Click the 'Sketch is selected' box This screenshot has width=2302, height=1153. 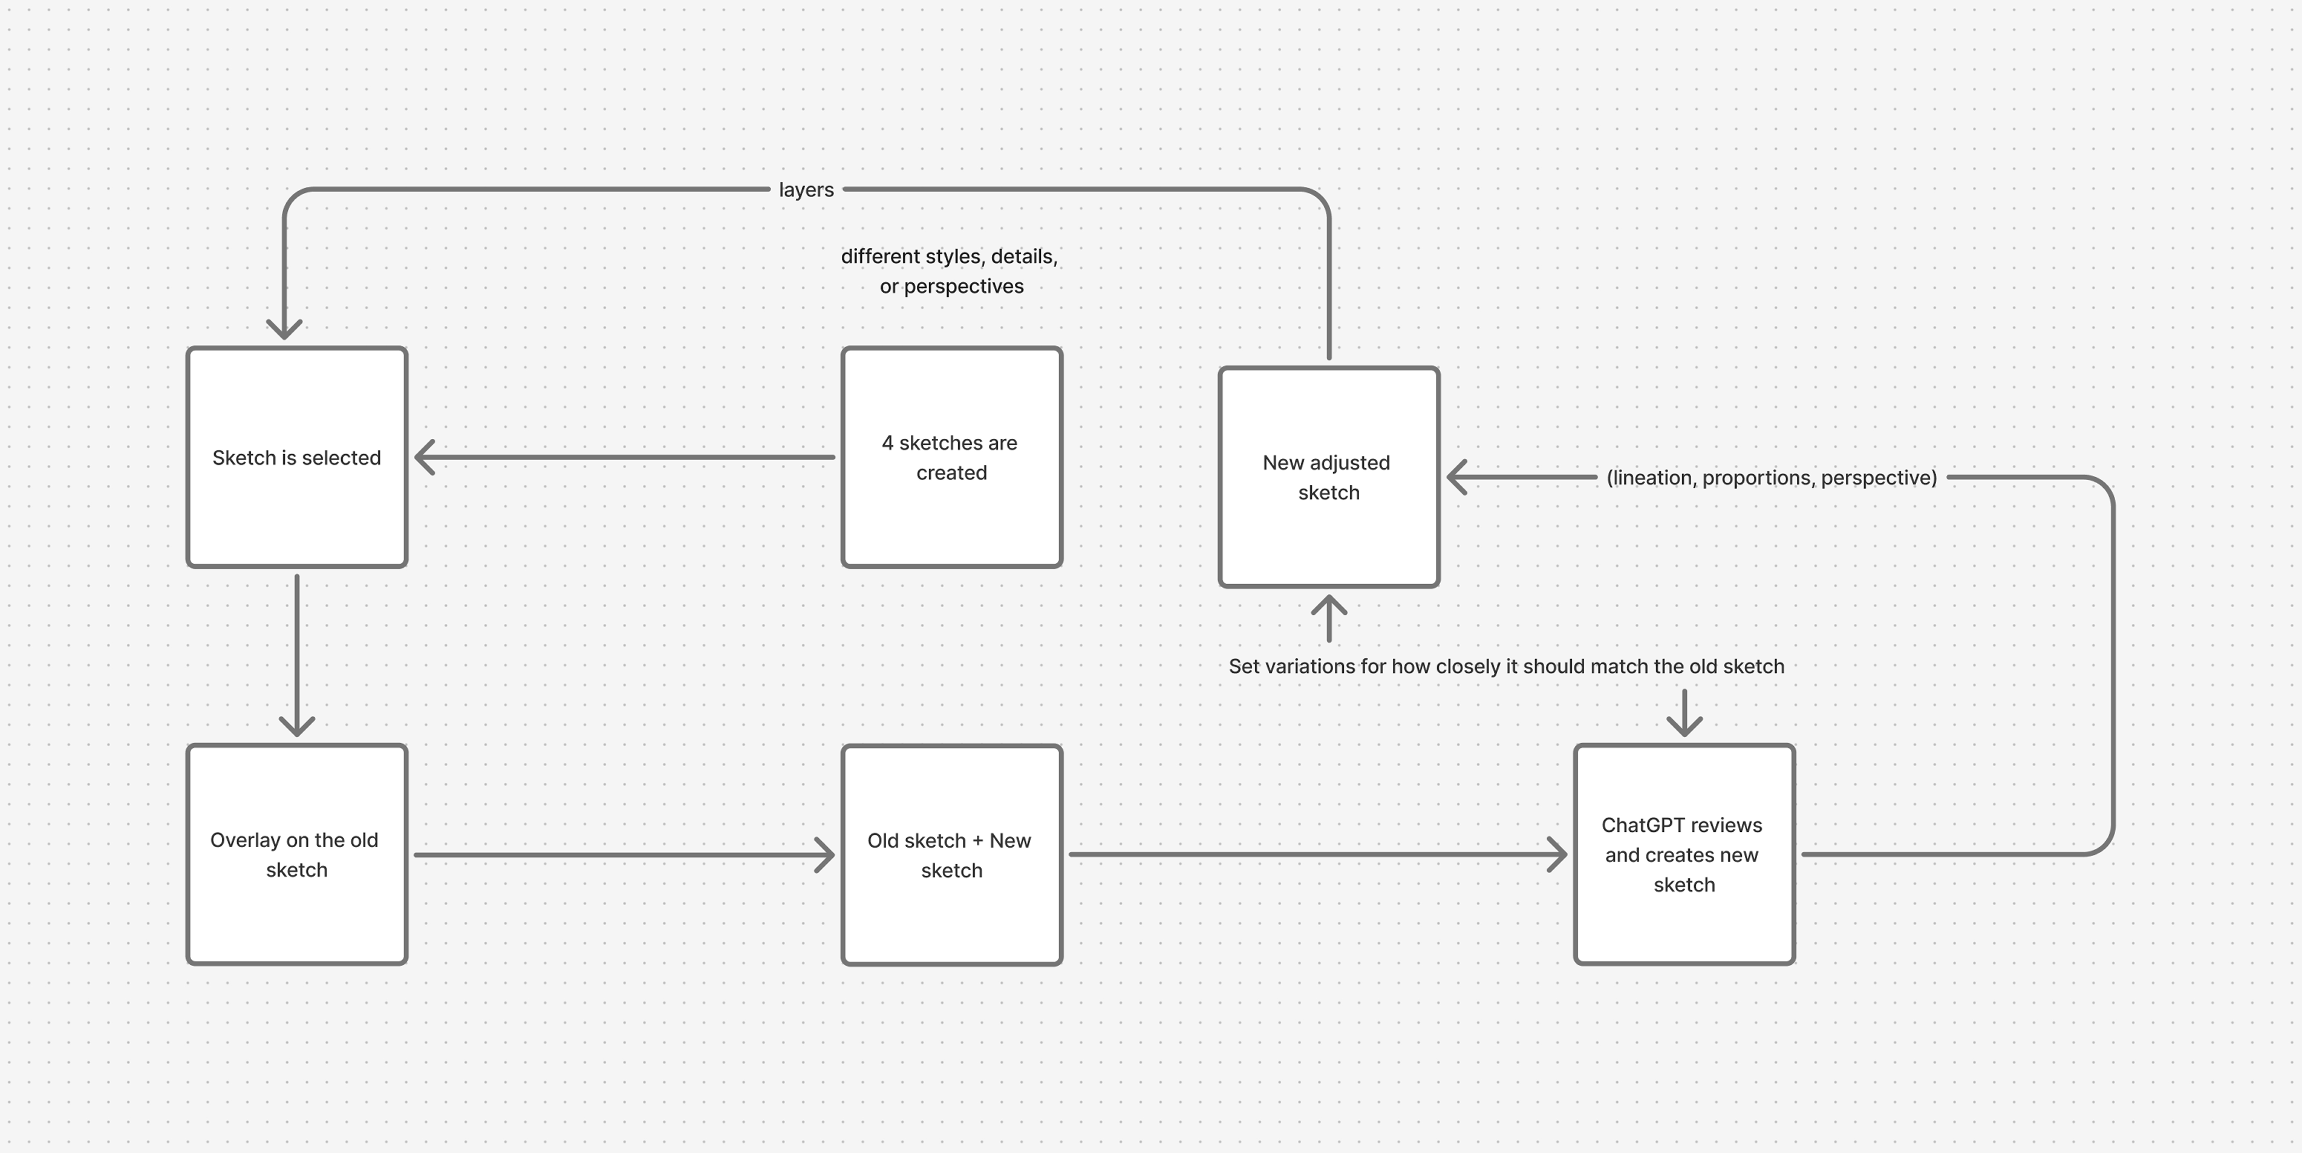(297, 458)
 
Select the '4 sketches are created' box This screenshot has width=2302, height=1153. (952, 458)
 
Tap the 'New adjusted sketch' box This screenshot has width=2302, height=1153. (1329, 477)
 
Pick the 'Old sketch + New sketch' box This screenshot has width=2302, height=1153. (952, 855)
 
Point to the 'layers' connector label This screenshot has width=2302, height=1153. (806, 189)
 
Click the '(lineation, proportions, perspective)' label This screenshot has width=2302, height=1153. (1771, 477)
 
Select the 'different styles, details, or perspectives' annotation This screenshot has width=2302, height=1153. (950, 271)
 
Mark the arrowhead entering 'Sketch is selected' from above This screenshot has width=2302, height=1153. (284, 329)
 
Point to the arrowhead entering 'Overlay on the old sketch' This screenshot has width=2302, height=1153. (297, 724)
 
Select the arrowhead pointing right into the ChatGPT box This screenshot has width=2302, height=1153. (1557, 854)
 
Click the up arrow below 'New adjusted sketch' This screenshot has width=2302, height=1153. (1329, 608)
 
